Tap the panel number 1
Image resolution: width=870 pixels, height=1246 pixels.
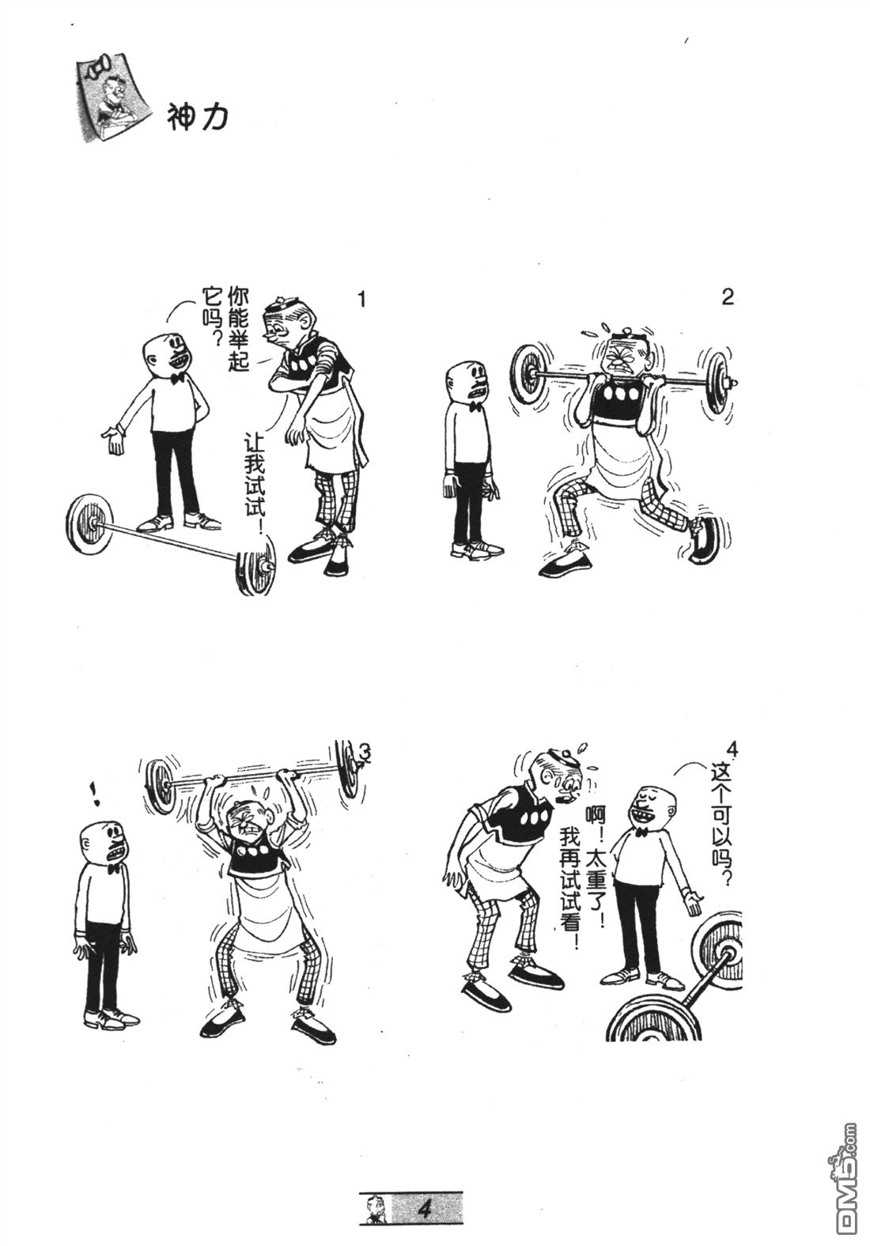pyautogui.click(x=361, y=300)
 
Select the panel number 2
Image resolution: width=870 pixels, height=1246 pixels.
pyautogui.click(x=727, y=297)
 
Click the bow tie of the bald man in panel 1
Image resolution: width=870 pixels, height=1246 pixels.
pyautogui.click(x=179, y=378)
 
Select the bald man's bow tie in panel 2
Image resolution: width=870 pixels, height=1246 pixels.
pyautogui.click(x=475, y=406)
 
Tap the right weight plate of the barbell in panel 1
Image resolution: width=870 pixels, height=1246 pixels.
pyautogui.click(x=256, y=566)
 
